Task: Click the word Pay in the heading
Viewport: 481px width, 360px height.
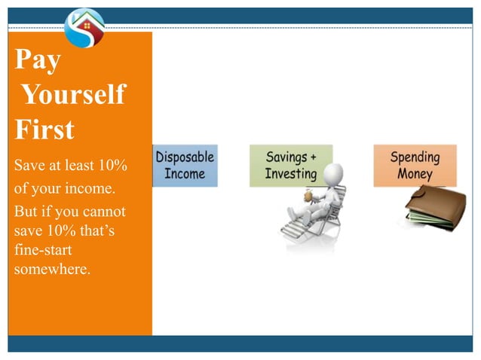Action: pyautogui.click(x=38, y=60)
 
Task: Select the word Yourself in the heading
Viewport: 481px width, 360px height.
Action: pyautogui.click(x=73, y=95)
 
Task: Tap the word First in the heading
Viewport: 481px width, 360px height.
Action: pyautogui.click(x=44, y=130)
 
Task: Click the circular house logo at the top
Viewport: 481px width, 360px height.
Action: pyautogui.click(x=84, y=27)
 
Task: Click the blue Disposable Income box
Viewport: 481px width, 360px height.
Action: pyautogui.click(x=185, y=166)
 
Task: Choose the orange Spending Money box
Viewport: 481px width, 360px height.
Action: pyautogui.click(x=415, y=165)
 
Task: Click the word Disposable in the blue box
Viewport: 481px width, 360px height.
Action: pyautogui.click(x=185, y=157)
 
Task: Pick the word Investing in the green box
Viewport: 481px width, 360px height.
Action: pyautogui.click(x=291, y=174)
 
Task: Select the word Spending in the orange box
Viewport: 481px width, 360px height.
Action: pyautogui.click(x=415, y=157)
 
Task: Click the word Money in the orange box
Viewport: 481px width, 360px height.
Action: pyautogui.click(x=415, y=174)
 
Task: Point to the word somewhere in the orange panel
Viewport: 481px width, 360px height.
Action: pyautogui.click(x=52, y=270)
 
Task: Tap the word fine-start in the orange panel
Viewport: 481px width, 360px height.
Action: pyautogui.click(x=42, y=250)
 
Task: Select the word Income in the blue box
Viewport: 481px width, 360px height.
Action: pyautogui.click(x=185, y=174)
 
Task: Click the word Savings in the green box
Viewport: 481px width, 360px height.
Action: pyautogui.click(x=286, y=157)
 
